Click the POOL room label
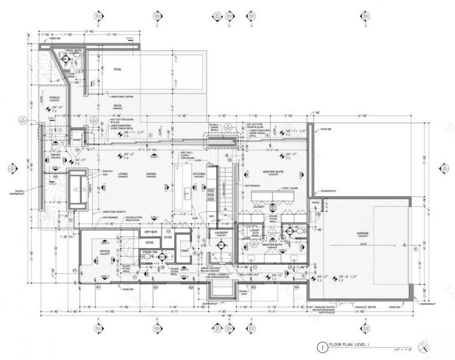(117, 69)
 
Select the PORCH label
(54, 98)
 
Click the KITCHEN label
(199, 175)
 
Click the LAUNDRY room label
(221, 235)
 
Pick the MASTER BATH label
(272, 244)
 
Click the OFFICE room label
(104, 251)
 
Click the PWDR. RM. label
(148, 252)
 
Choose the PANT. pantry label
(185, 252)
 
